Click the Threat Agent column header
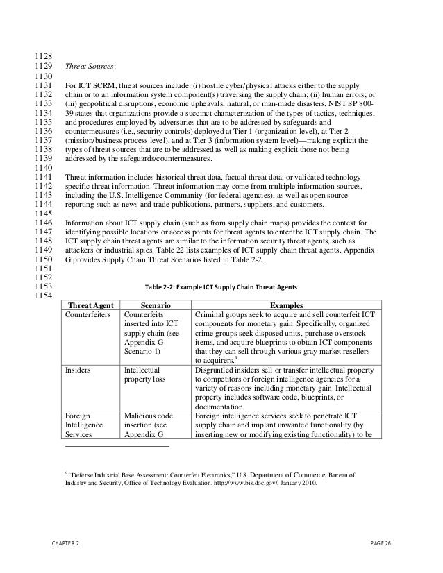[90, 304]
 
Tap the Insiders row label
[78, 370]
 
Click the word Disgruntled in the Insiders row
[218, 370]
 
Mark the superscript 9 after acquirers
[237, 358]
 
